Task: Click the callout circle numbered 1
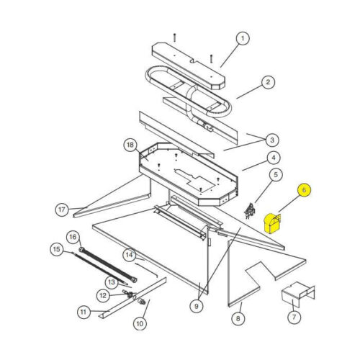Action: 243,38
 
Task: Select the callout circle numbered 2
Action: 268,82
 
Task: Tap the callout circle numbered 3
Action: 272,140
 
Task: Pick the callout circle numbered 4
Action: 274,158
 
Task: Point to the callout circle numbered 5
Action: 276,175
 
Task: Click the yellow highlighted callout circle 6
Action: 304,190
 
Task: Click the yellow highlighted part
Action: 273,223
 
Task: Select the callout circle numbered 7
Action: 294,318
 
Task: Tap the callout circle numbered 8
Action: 238,318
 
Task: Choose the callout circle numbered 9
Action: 197,306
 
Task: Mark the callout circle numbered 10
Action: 140,323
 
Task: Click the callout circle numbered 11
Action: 84,312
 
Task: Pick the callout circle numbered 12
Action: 103,295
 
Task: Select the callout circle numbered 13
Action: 112,282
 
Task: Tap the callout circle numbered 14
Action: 129,255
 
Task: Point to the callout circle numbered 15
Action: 57,249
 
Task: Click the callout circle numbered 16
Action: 73,237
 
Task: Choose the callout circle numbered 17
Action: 62,210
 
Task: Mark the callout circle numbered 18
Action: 130,145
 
